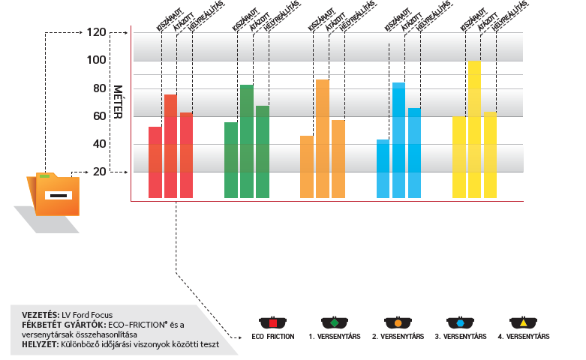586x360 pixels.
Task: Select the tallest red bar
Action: pyautogui.click(x=170, y=146)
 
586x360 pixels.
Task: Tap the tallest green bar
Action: pyautogui.click(x=246, y=142)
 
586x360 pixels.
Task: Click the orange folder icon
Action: pyautogui.click(x=54, y=195)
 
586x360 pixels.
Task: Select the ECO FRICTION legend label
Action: pyautogui.click(x=273, y=337)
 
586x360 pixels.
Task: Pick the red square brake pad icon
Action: pyautogui.click(x=273, y=322)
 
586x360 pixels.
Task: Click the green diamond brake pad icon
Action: pyautogui.click(x=335, y=322)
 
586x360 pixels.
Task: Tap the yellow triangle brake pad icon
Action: pyautogui.click(x=524, y=322)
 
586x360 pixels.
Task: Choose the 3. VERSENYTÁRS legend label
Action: pyautogui.click(x=461, y=337)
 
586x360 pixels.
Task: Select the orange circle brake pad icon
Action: pyautogui.click(x=398, y=322)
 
